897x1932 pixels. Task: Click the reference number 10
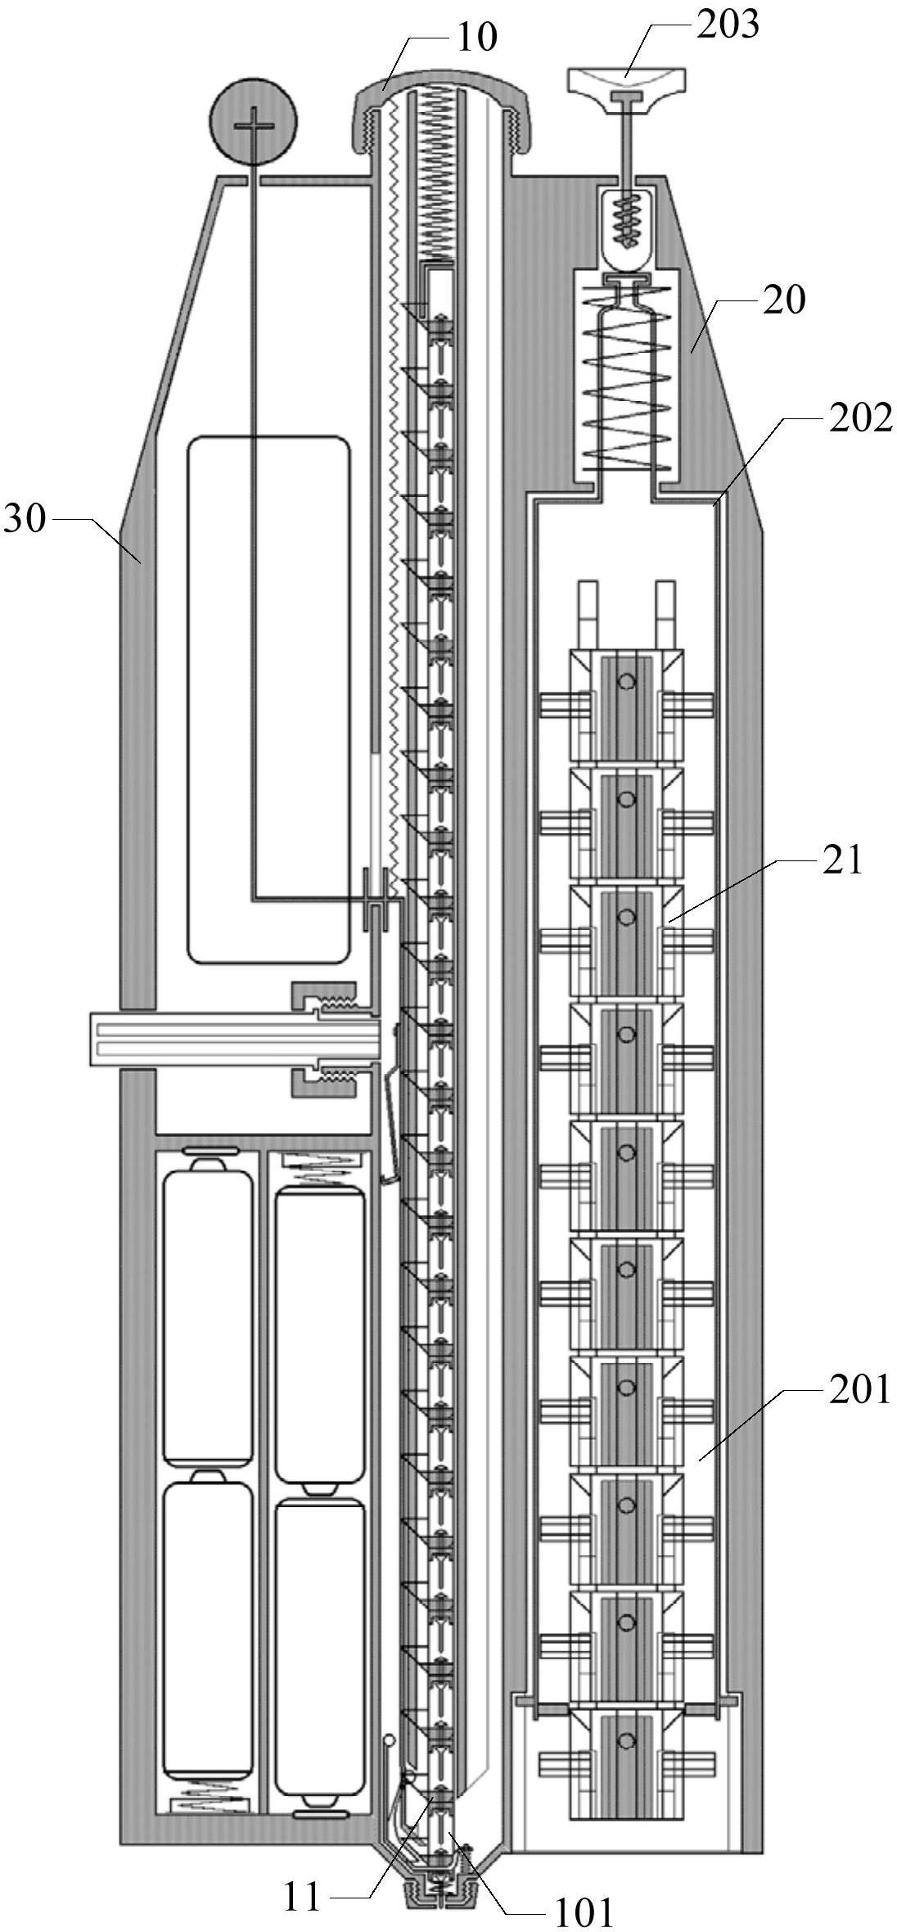[x=476, y=38]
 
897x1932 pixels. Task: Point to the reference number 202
[x=859, y=419]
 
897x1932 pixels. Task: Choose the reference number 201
[x=859, y=1390]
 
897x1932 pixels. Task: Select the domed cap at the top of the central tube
[x=441, y=110]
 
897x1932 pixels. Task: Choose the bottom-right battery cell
[x=320, y=1654]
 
